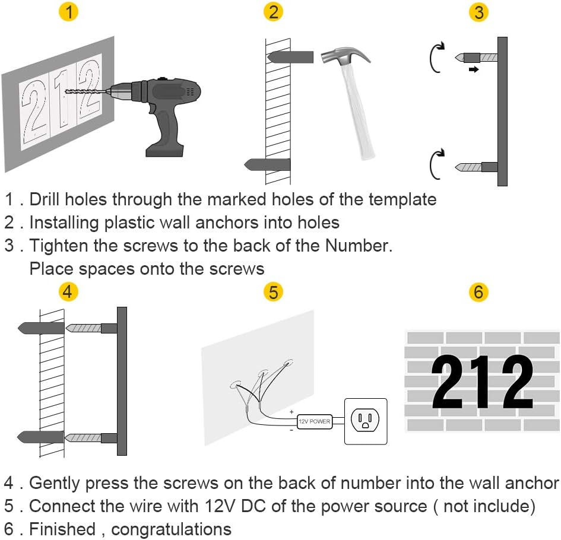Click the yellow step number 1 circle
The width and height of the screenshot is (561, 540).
[x=68, y=11]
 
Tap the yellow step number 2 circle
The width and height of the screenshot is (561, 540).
[x=273, y=11]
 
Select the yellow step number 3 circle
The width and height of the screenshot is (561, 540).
[x=478, y=11]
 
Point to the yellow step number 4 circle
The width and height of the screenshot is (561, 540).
[x=68, y=291]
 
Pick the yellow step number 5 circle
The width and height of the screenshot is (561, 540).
[x=273, y=291]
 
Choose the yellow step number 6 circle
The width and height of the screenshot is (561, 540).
[x=478, y=291]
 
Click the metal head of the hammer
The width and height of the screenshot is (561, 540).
[x=346, y=55]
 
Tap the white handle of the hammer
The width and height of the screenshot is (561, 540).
[x=359, y=112]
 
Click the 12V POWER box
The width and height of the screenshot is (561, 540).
[x=315, y=421]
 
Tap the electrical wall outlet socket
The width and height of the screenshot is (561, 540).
[x=365, y=421]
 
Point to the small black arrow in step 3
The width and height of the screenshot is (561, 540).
[x=474, y=69]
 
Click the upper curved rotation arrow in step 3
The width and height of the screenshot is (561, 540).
[x=437, y=57]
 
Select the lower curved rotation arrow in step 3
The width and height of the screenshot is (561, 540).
[x=437, y=164]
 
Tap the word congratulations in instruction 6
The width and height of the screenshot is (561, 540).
[x=172, y=529]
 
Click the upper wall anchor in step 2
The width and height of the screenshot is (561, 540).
[x=290, y=57]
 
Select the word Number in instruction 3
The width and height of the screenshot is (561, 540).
[x=358, y=246]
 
